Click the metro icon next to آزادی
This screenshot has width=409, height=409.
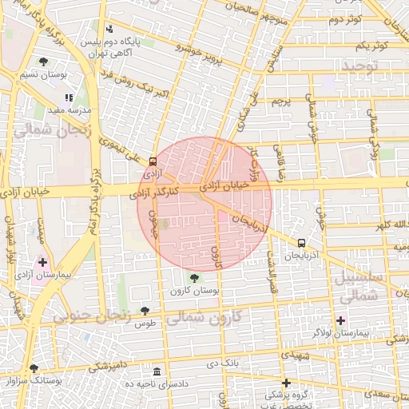pos(153,161)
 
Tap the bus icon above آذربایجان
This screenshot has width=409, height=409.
pos(301,243)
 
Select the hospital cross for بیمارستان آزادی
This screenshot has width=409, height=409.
pos(42,261)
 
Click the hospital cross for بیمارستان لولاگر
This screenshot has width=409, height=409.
pos(340,320)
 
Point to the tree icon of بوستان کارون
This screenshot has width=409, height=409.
pos(194,278)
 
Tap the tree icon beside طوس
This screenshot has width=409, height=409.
pos(145,312)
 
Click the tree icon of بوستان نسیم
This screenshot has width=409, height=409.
pos(42,62)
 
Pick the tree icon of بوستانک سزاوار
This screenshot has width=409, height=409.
pos(34,369)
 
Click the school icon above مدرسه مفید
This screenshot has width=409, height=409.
pos(69,97)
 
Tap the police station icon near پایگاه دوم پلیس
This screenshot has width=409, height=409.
pos(109,29)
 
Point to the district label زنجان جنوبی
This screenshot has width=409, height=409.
pos(91,316)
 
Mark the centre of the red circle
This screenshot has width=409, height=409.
pos(205,204)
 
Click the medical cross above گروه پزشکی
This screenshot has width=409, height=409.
pos(286,383)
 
